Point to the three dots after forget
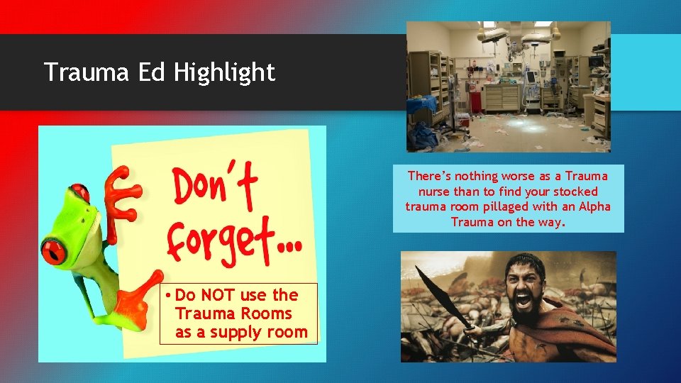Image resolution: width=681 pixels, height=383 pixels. (287, 248)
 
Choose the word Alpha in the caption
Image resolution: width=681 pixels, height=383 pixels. (594, 206)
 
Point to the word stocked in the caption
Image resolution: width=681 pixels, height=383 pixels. (575, 191)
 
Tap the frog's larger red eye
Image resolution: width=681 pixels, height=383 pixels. (54, 250)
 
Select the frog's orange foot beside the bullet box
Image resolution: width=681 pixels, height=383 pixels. (139, 301)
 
